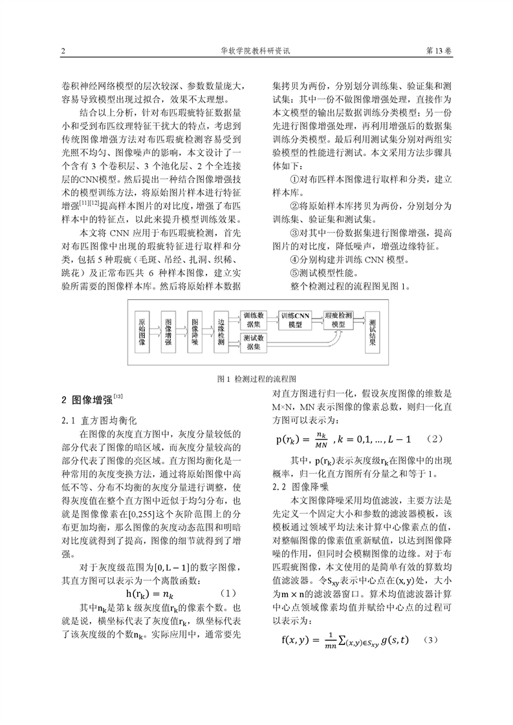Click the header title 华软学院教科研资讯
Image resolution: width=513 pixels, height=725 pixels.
[257, 51]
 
